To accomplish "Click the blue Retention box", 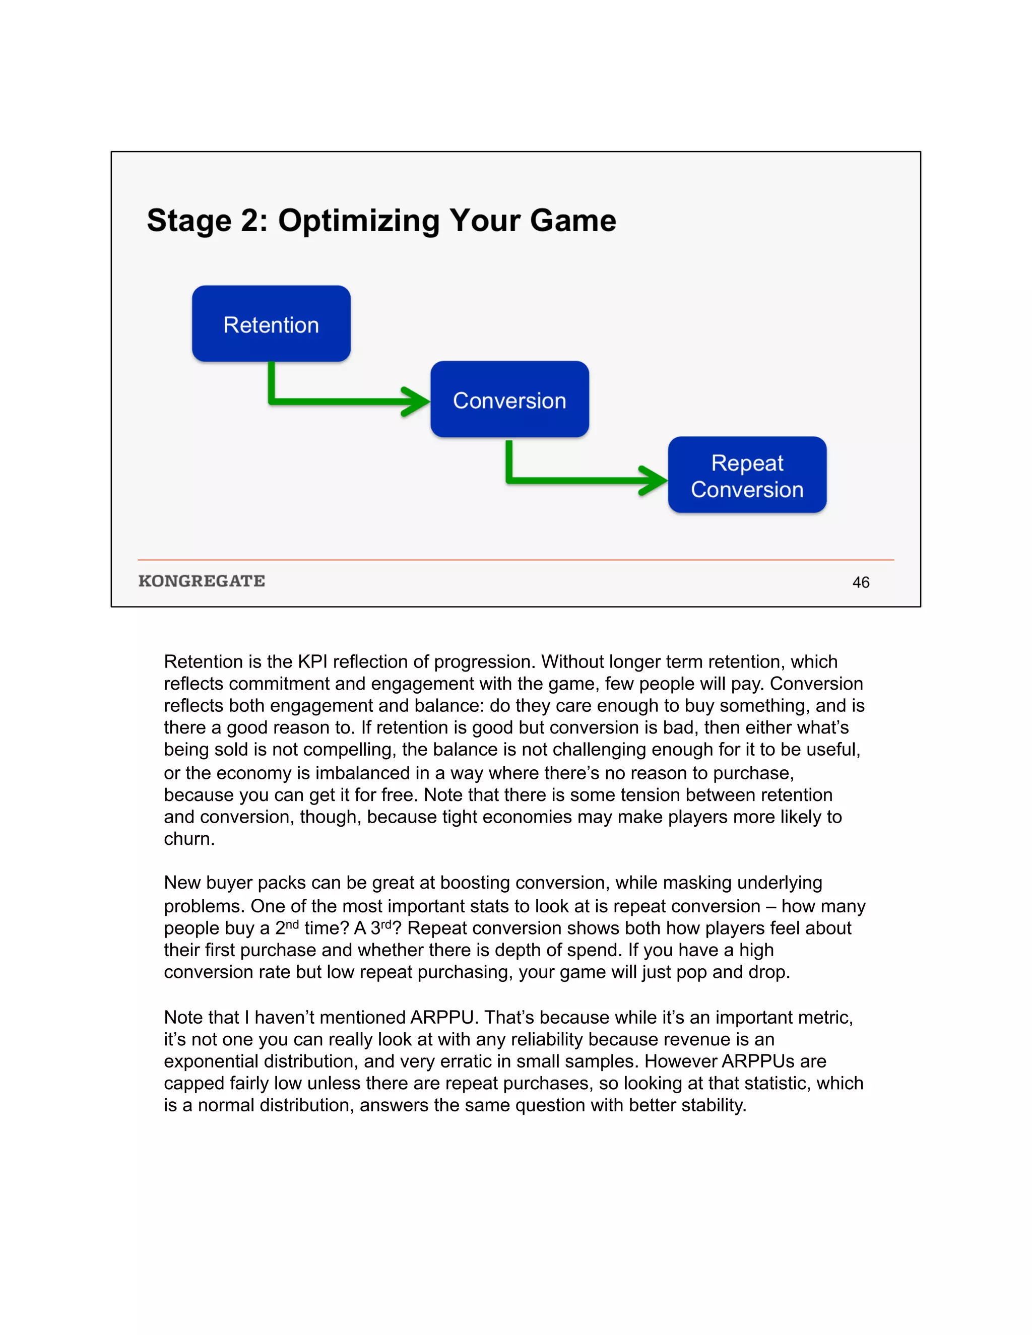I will tap(271, 324).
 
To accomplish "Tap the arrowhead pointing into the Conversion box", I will tap(418, 401).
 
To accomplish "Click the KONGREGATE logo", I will tap(202, 581).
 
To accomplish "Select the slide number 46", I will tap(860, 582).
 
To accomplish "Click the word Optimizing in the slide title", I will tap(358, 221).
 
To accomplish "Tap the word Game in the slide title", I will tap(573, 221).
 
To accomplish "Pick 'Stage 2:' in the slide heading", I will tap(207, 221).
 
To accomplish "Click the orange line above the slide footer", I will tap(515, 560).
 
